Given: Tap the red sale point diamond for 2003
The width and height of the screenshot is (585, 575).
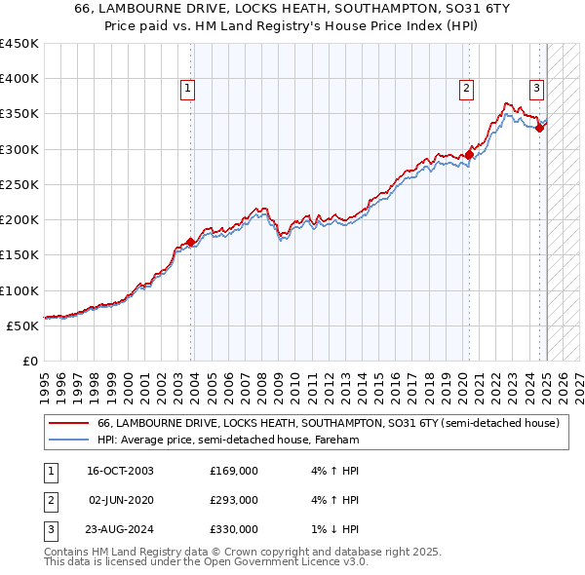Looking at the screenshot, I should [190, 242].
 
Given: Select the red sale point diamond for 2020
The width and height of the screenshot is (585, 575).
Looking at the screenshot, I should [469, 154].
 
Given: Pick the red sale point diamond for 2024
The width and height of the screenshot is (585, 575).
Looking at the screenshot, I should [539, 128].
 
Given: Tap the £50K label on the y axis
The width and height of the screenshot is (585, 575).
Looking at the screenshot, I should [23, 326].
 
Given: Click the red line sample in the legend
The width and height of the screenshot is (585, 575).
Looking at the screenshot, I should [68, 424].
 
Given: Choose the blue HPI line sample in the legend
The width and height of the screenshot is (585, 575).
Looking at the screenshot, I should [68, 440].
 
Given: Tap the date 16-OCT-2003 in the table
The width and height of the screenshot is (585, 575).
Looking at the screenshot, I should [121, 471].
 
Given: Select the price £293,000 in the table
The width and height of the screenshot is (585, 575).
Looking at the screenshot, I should [234, 500].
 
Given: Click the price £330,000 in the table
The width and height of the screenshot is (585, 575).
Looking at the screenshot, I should [234, 529].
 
